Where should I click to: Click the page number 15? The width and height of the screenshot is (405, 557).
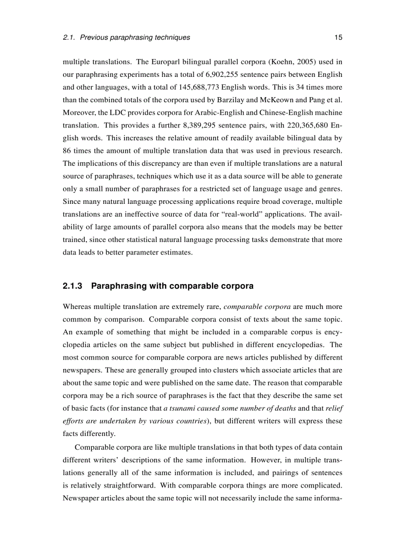338,37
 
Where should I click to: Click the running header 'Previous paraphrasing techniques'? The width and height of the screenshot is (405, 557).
135,37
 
